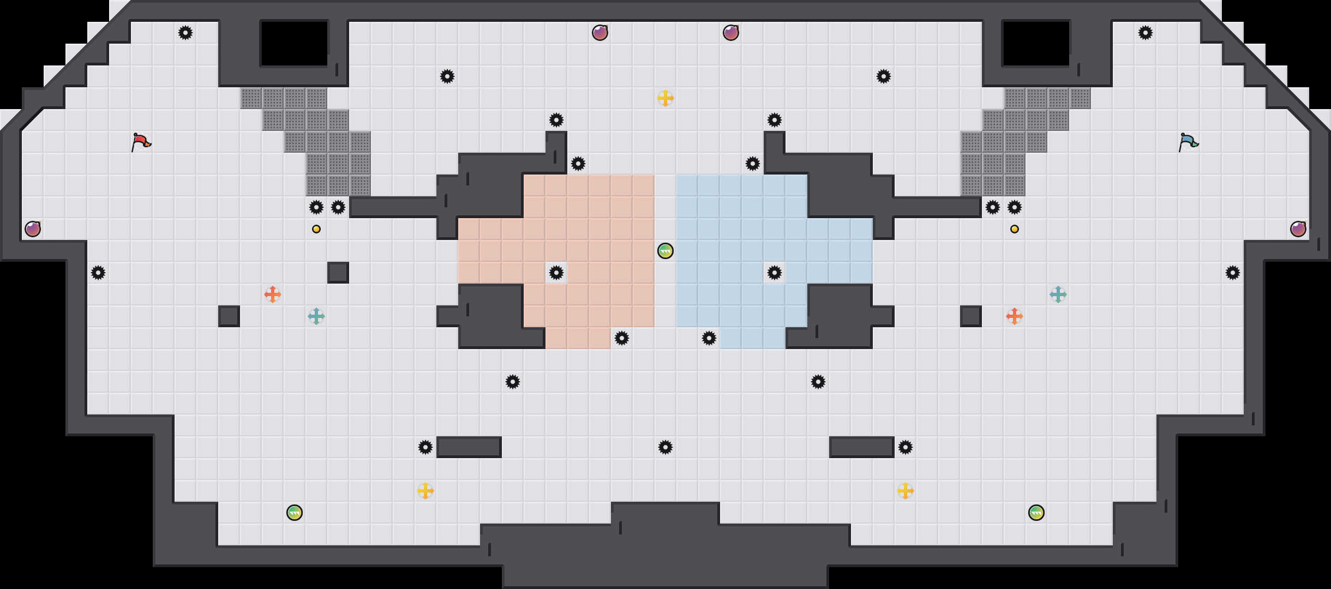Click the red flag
[141, 142]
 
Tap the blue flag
[1188, 142]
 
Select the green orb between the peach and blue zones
[665, 251]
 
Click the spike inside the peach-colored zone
[556, 273]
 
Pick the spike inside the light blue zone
[774, 273]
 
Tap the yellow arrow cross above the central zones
[665, 98]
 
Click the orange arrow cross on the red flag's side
[272, 294]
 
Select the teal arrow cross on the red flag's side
[316, 316]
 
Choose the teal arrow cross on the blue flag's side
[1058, 294]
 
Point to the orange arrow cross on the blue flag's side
[1014, 316]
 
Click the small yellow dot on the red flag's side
[316, 229]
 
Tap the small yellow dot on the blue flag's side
[1014, 229]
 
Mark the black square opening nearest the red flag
[294, 44]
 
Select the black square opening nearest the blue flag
[1036, 44]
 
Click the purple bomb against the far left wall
[33, 229]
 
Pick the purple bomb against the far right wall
[1298, 229]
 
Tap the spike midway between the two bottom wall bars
[665, 447]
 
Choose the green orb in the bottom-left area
[294, 513]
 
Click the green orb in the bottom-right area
[1036, 513]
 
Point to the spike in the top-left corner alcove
[185, 33]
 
